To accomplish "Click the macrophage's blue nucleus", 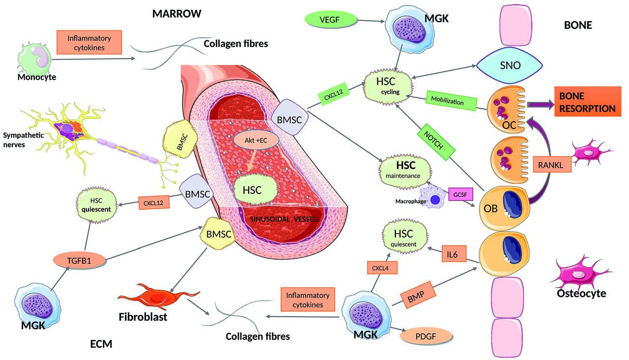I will [435, 200].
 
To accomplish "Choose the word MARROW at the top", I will [176, 14].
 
